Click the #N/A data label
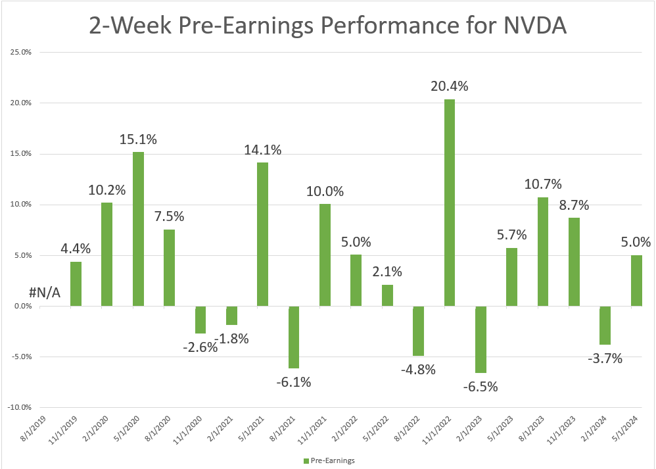pyautogui.click(x=45, y=293)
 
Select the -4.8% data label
pyautogui.click(x=418, y=369)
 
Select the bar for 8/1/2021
pyautogui.click(x=294, y=337)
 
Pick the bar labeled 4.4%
pyautogui.click(x=76, y=284)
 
